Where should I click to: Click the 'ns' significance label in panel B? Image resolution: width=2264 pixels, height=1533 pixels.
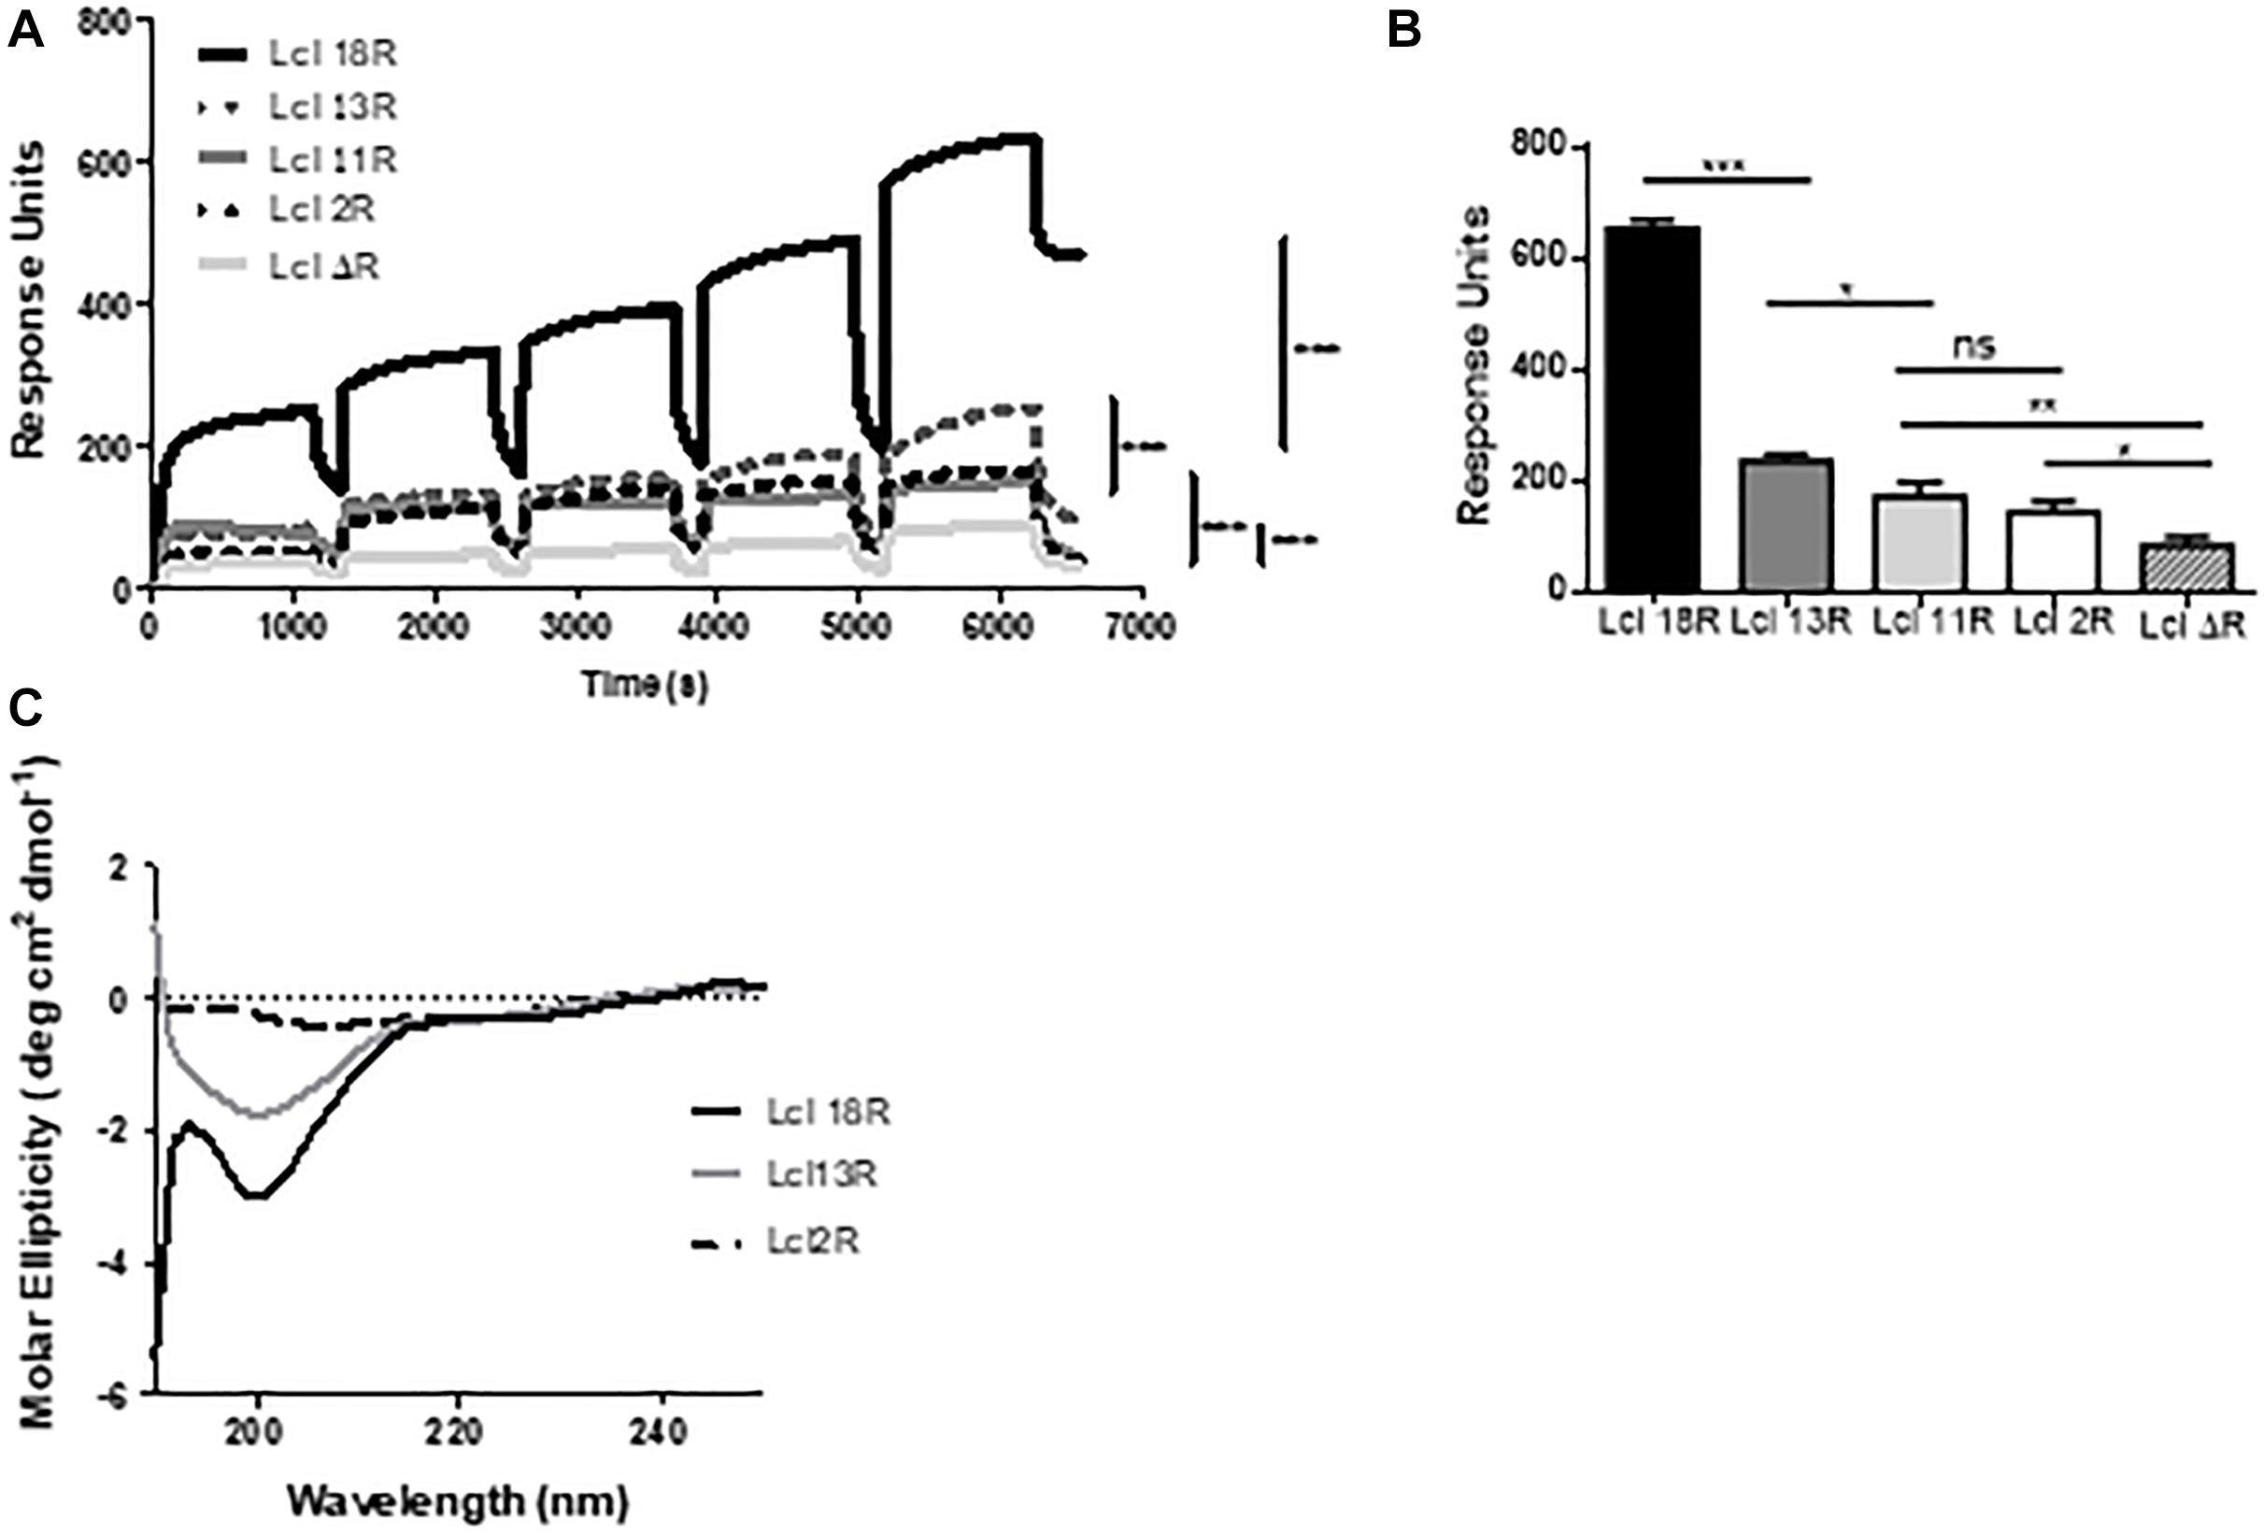[x=1974, y=346]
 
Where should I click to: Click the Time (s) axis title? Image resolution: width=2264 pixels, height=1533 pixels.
[x=645, y=685]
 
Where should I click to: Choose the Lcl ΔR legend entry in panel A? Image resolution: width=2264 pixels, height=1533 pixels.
[x=323, y=266]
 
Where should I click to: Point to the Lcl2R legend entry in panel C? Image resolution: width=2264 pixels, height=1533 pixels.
[x=811, y=1242]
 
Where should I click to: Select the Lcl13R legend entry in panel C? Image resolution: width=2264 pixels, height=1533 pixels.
[x=820, y=1173]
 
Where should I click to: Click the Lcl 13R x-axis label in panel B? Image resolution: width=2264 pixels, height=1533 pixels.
[x=1789, y=622]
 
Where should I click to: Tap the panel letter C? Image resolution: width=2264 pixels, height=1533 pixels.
[x=25, y=709]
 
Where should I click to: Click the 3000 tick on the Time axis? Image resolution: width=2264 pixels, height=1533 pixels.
[x=576, y=626]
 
